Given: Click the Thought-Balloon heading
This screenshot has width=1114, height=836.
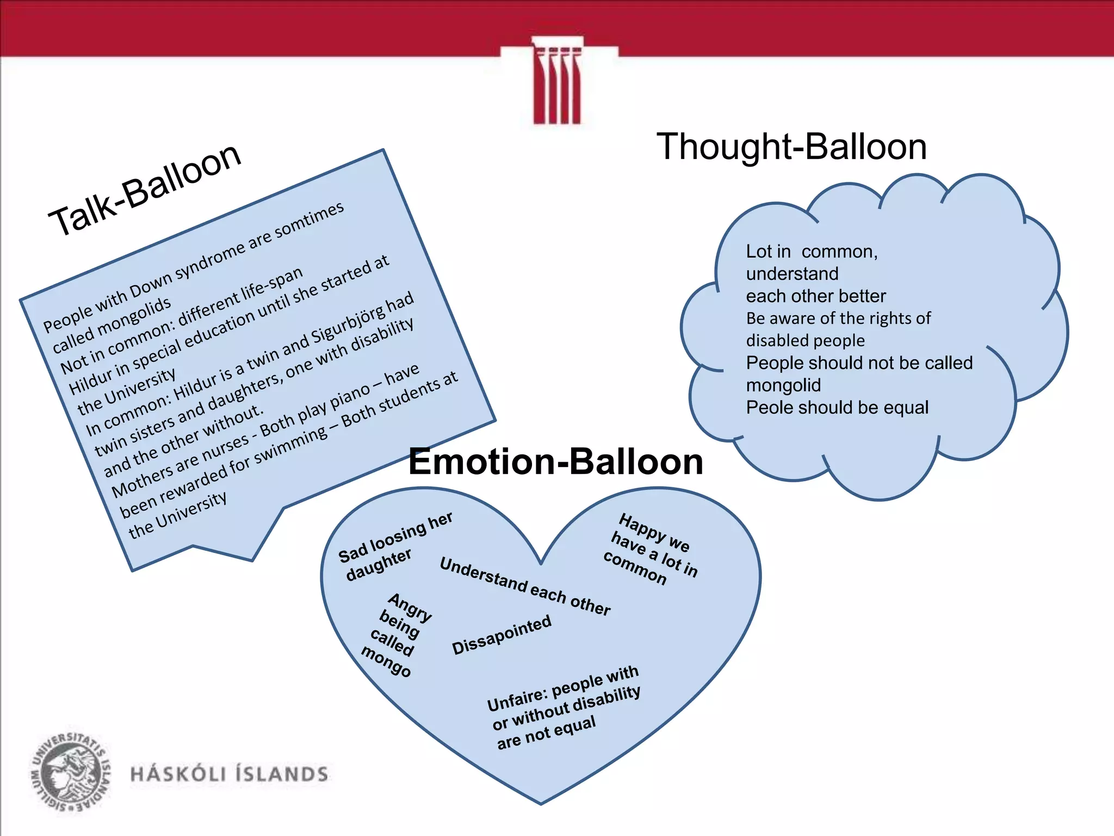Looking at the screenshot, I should (x=791, y=147).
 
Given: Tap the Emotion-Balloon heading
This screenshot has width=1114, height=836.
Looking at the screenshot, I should (x=555, y=462).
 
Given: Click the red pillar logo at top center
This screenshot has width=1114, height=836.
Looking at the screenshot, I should (x=557, y=82).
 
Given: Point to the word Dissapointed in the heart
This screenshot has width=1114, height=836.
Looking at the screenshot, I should (x=502, y=635).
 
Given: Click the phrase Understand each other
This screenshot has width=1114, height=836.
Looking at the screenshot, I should (x=524, y=587).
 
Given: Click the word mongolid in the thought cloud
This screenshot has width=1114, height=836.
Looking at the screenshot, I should (x=783, y=385).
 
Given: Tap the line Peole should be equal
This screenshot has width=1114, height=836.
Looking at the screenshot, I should (x=837, y=408).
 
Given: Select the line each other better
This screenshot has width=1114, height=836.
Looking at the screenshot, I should (x=815, y=296).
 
